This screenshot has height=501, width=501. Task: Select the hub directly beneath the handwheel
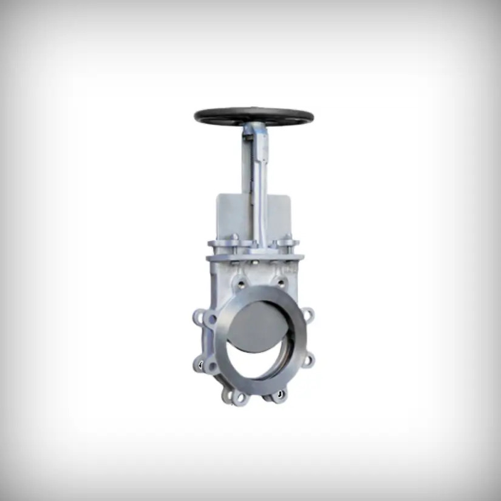point(254,128)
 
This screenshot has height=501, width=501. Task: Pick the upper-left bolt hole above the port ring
point(241,282)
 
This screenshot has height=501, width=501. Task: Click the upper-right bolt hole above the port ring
point(281,282)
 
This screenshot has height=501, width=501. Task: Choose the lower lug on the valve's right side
point(308,360)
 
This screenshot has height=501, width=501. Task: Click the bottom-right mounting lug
point(279,395)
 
